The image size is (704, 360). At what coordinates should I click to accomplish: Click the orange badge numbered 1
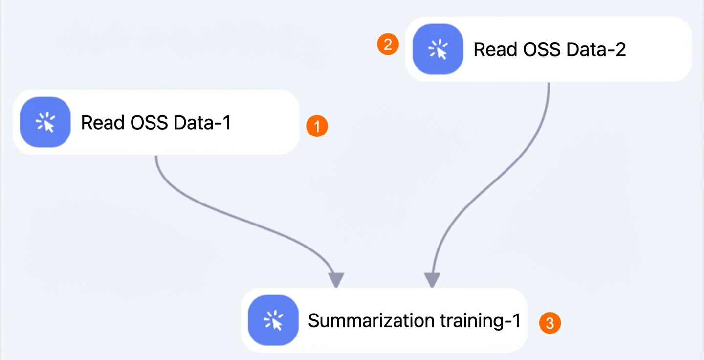click(x=317, y=126)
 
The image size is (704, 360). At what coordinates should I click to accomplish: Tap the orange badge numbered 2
click(x=388, y=45)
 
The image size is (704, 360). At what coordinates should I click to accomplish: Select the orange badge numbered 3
click(x=550, y=323)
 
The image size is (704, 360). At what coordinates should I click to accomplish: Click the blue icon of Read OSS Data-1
click(x=45, y=122)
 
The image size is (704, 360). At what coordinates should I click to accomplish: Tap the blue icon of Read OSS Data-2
click(x=438, y=49)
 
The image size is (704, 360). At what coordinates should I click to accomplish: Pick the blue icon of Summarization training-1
click(x=273, y=320)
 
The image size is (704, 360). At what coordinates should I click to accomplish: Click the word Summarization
click(x=371, y=320)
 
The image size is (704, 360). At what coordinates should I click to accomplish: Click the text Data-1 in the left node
click(x=202, y=122)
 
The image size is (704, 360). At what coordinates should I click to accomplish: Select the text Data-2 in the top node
click(x=596, y=49)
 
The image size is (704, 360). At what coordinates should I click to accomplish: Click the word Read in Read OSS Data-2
click(x=495, y=49)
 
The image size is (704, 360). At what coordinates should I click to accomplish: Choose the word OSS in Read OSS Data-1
click(x=149, y=122)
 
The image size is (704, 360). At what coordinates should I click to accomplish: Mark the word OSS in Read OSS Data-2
click(x=542, y=49)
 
